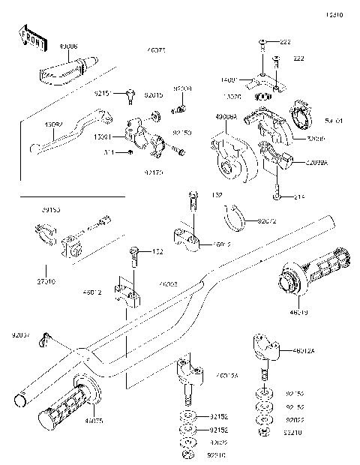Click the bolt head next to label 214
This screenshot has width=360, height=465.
coord(277,196)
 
